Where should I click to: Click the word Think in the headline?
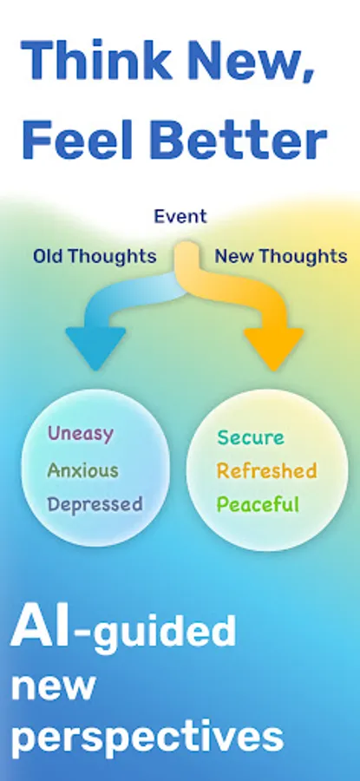[90, 59]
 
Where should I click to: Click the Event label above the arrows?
[180, 217]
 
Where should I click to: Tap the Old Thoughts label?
[95, 256]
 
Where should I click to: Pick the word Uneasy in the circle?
[81, 434]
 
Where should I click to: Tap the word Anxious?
[82, 470]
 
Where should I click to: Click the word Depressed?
[95, 504]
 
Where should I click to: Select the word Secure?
[251, 438]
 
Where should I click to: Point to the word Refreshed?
[266, 471]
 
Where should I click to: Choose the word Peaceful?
[258, 504]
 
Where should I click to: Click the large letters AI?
[41, 629]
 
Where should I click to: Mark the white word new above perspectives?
[53, 686]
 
